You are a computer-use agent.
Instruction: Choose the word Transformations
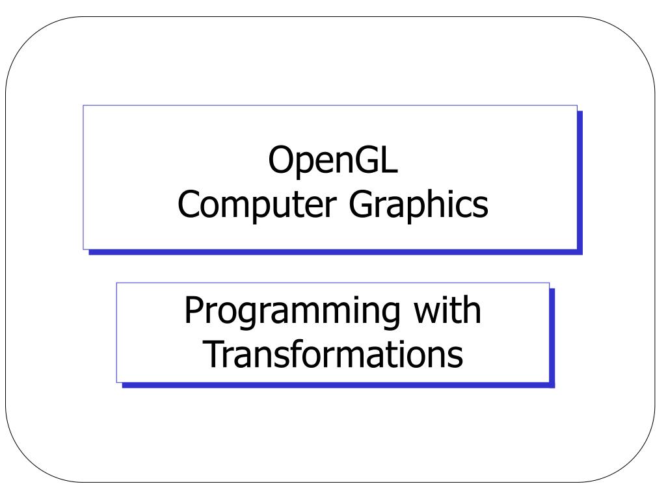click(x=333, y=354)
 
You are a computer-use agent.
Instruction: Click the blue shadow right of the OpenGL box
click(x=580, y=182)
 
